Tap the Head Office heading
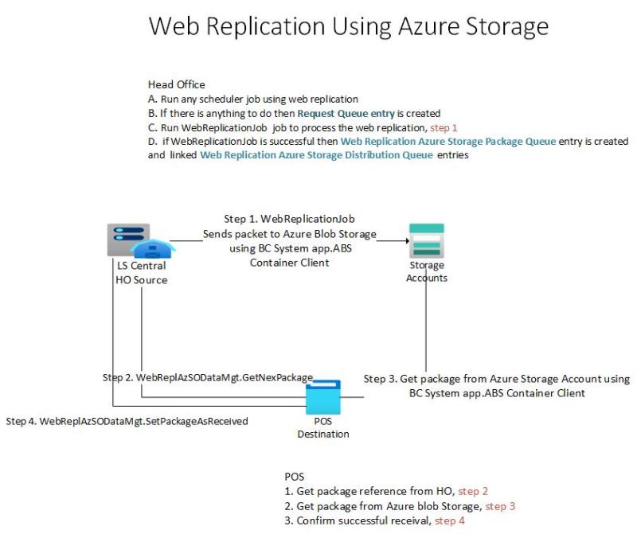[176, 84]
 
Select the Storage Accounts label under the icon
[426, 271]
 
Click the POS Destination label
[322, 428]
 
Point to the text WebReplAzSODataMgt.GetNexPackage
[225, 376]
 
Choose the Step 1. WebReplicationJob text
[289, 218]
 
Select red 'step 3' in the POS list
[502, 506]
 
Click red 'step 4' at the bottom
[451, 521]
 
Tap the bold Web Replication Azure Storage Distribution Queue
[316, 154]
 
